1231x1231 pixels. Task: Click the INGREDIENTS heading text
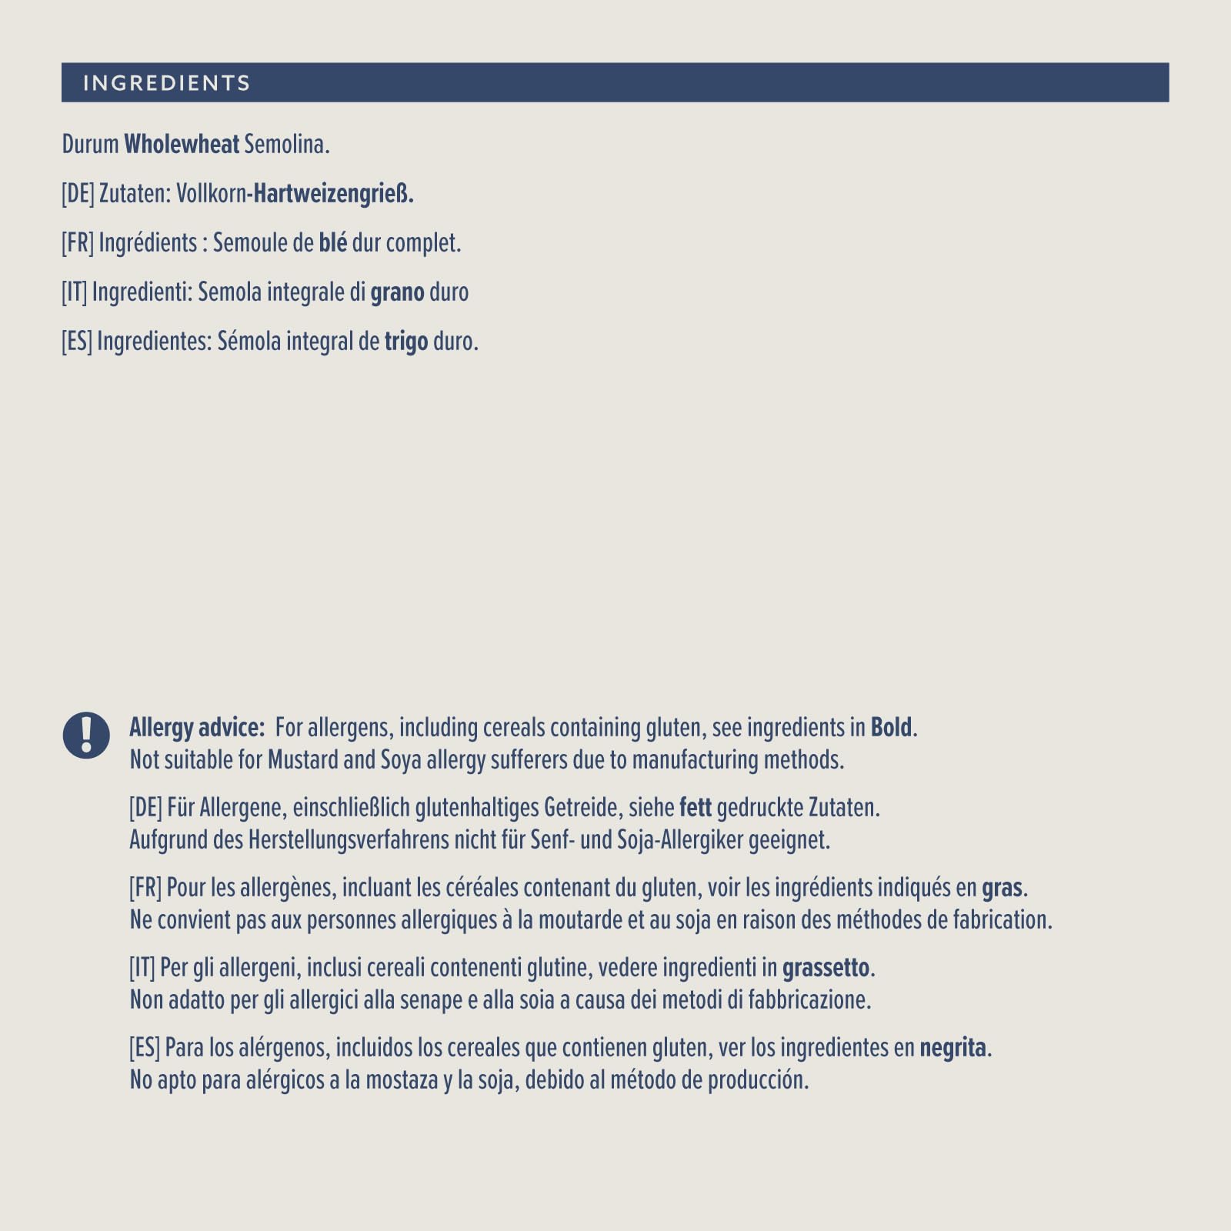(166, 83)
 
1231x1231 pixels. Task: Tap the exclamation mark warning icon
(86, 735)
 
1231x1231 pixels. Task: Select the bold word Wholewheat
(182, 145)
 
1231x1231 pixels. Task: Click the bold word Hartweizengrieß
(333, 194)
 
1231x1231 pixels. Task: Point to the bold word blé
(333, 243)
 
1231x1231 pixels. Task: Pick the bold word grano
(397, 293)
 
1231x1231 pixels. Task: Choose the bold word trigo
(406, 342)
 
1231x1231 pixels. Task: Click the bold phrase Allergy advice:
(197, 728)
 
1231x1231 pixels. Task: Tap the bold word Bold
(891, 728)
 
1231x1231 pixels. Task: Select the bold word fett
(696, 808)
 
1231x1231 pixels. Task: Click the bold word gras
(1002, 889)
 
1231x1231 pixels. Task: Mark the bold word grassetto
(826, 968)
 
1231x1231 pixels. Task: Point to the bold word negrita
(952, 1048)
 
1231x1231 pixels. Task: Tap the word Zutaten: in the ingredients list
(135, 194)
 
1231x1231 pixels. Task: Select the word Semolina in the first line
(286, 145)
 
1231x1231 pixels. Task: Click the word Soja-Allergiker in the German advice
(681, 840)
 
